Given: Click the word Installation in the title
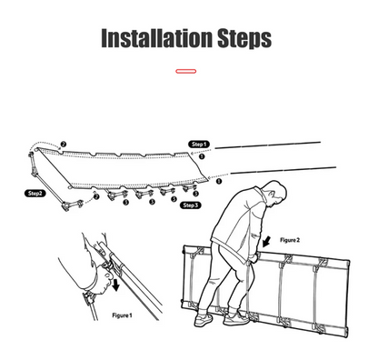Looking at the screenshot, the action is (x=156, y=38).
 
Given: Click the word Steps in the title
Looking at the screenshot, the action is (x=244, y=38).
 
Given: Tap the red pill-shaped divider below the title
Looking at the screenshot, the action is (x=186, y=71).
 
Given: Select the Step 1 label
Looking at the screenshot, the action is (x=199, y=145).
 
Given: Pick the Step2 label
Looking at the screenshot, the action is (x=35, y=194).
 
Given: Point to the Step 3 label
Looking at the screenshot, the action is (x=190, y=205).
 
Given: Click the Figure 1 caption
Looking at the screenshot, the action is (x=122, y=315).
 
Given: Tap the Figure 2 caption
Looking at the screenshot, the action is (x=290, y=240).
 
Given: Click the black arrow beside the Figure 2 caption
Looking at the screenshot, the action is (x=267, y=242).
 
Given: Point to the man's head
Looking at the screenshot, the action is (x=275, y=193).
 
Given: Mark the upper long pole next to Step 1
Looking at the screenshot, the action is (x=268, y=145).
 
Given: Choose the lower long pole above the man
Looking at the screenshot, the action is (x=283, y=170).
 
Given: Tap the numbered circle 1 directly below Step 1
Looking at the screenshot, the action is (x=202, y=156).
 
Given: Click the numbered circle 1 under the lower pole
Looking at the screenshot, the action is (x=219, y=181).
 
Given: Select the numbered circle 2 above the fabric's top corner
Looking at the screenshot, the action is (x=63, y=145).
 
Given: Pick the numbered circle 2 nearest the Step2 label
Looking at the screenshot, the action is (x=96, y=196).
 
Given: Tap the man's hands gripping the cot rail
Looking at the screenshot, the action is (x=254, y=258).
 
